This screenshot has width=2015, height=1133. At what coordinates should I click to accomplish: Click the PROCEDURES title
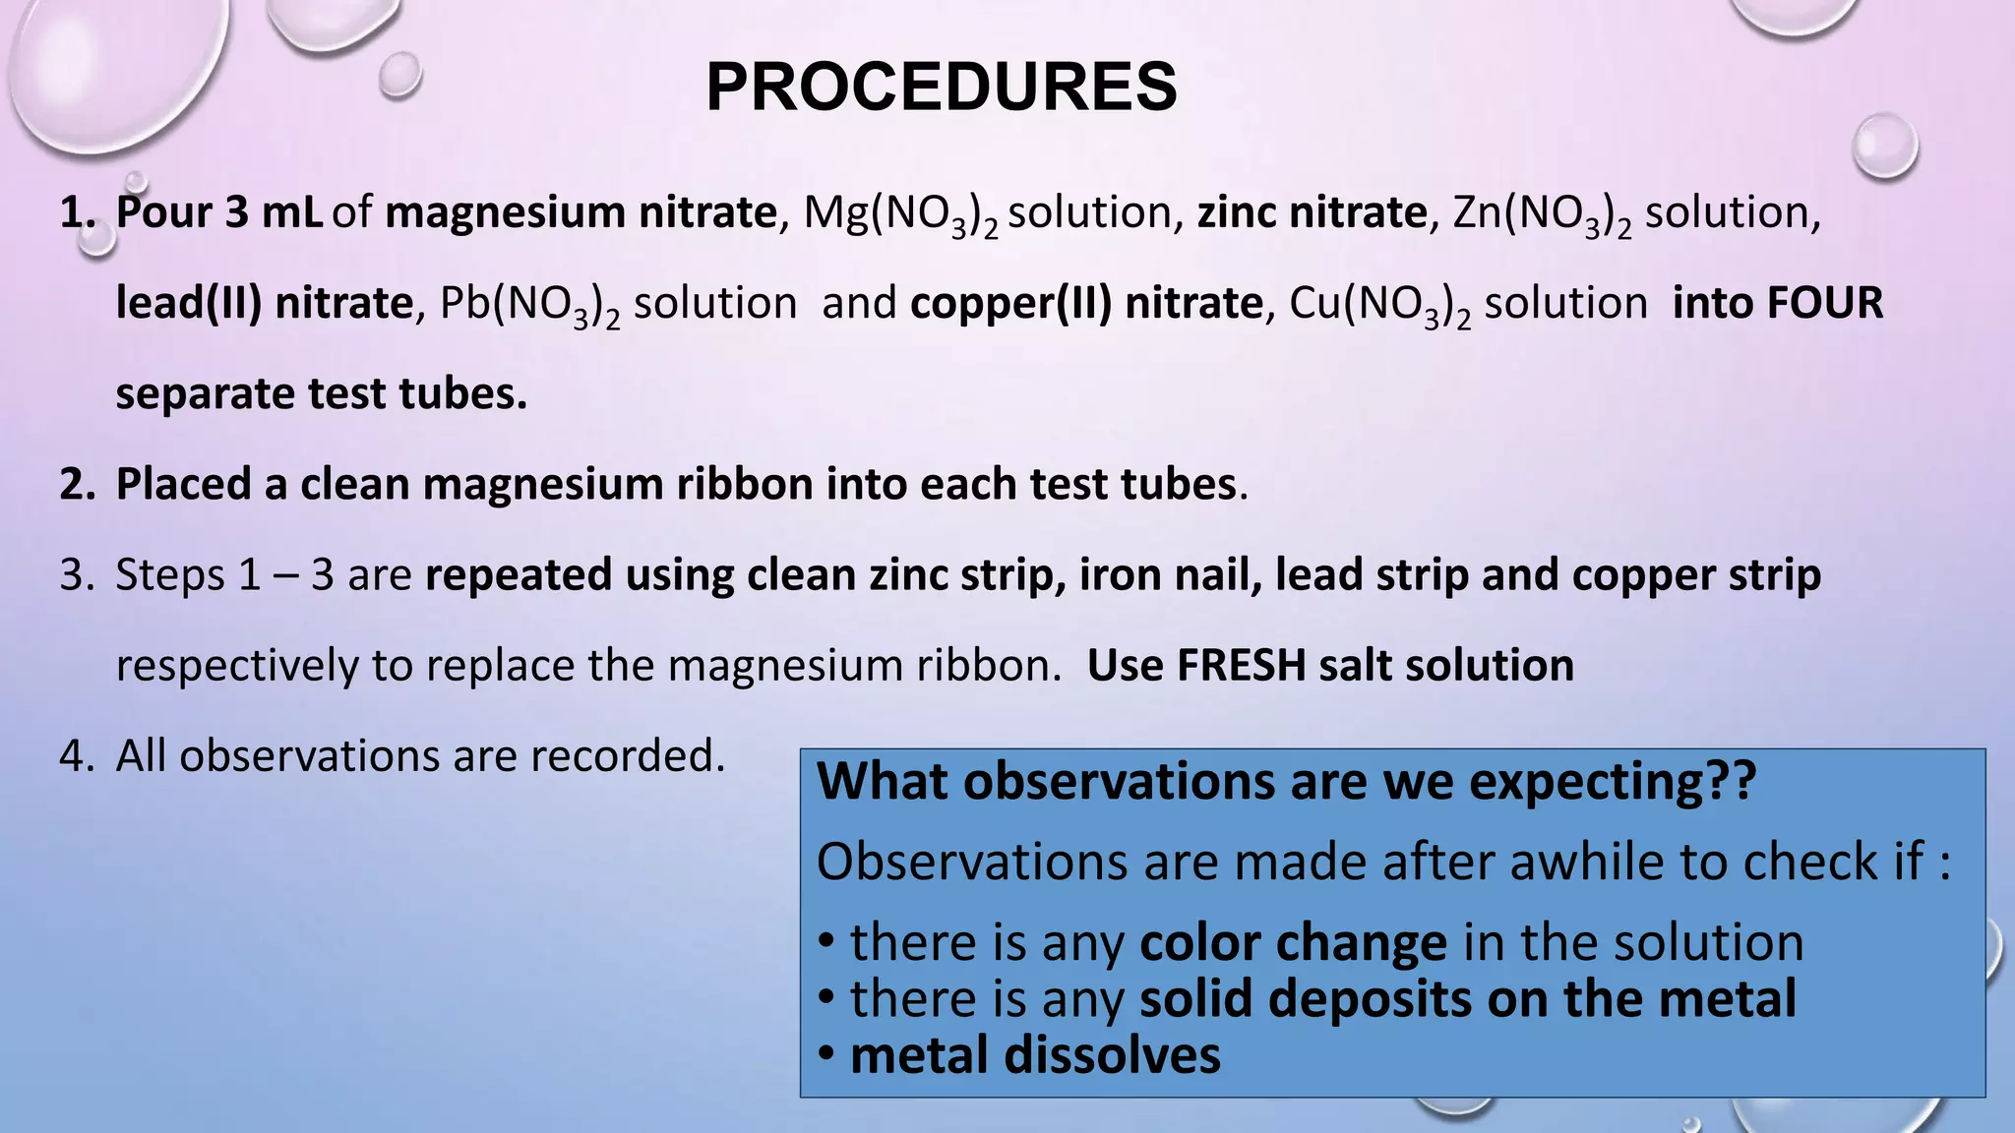click(941, 88)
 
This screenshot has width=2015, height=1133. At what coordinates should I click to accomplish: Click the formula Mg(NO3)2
click(900, 214)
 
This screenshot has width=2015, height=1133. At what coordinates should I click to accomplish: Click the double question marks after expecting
click(1730, 782)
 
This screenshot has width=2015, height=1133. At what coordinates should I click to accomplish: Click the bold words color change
click(1293, 943)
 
